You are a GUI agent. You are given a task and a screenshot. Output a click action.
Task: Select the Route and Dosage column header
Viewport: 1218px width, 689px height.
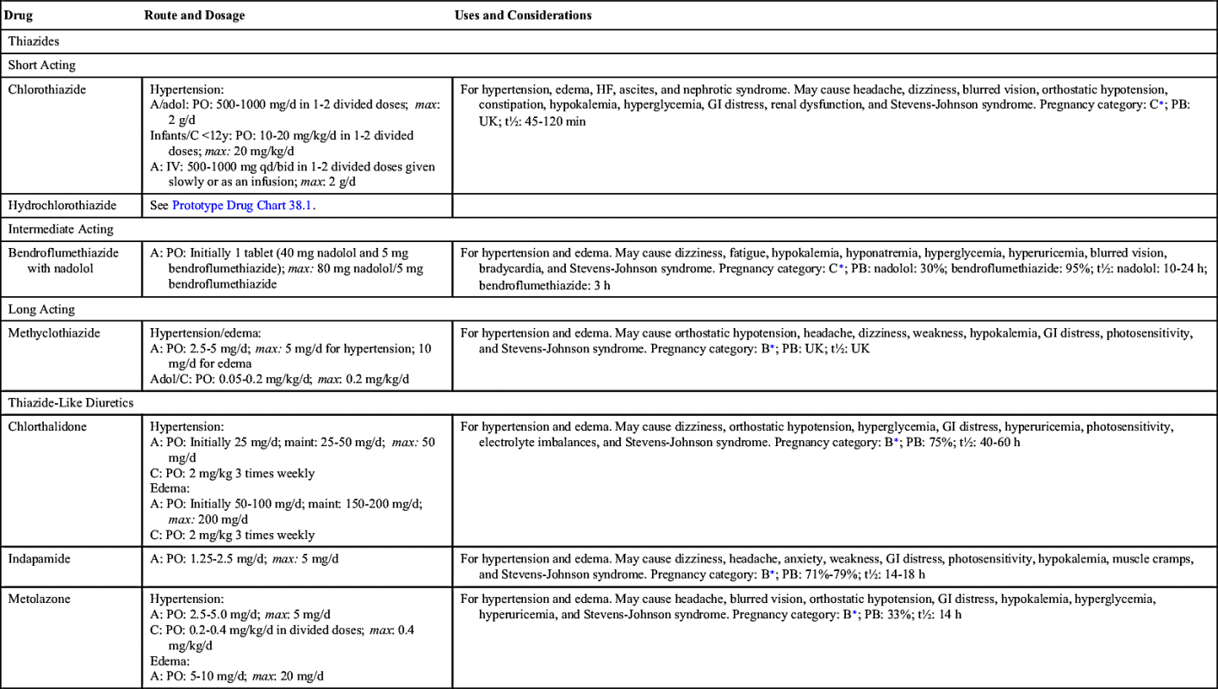(195, 16)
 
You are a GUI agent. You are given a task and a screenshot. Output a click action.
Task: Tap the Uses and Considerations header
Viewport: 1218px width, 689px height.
(523, 16)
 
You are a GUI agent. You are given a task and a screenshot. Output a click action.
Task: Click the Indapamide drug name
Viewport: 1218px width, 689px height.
(40, 558)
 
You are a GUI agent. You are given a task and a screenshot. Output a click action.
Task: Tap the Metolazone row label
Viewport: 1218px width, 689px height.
(39, 598)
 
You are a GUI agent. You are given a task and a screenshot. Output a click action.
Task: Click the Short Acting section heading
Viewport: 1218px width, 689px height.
(42, 65)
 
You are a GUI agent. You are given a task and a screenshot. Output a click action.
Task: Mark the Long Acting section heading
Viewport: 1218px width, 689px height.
(41, 308)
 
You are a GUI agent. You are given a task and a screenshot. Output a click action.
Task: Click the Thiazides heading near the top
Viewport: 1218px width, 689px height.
(34, 40)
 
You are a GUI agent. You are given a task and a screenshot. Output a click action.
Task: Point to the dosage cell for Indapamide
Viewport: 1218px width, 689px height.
(245, 559)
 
